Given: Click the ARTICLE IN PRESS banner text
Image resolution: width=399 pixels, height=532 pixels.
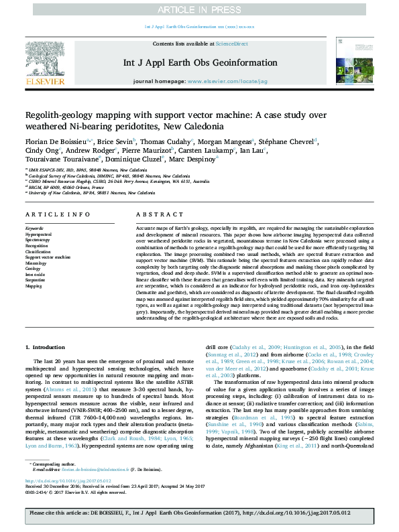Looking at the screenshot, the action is [199, 9].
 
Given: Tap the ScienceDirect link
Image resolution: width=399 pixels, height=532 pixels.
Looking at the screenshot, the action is [231, 44].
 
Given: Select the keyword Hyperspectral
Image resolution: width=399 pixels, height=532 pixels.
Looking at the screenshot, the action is [38, 235].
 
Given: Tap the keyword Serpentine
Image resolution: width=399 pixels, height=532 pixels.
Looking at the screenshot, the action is [36, 280].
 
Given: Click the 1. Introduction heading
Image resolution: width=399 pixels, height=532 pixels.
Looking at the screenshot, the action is [46, 348].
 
